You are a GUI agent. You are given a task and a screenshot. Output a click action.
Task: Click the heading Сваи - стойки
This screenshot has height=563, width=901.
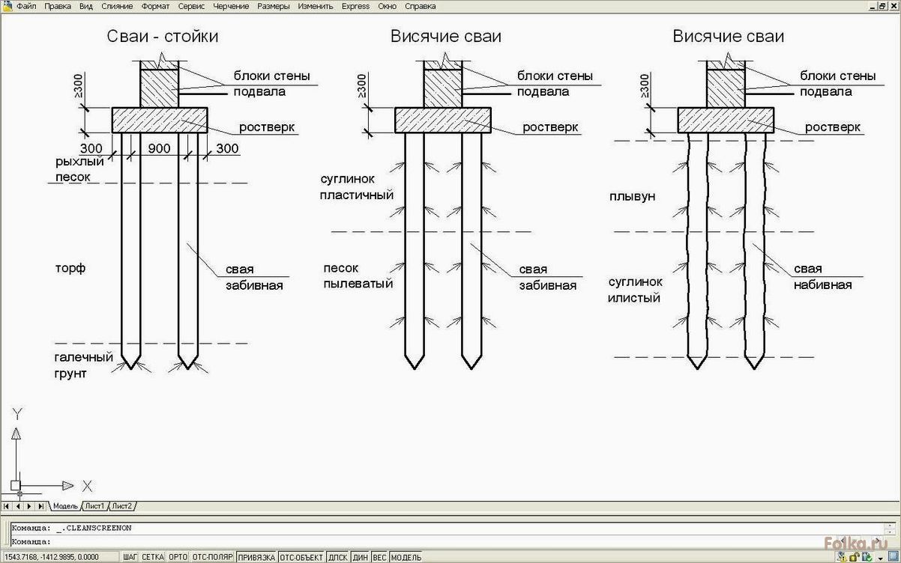click(x=163, y=36)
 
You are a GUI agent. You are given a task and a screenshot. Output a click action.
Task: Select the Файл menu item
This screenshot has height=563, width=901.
click(x=26, y=6)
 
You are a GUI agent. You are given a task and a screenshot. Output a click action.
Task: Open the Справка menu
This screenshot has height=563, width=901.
click(x=420, y=6)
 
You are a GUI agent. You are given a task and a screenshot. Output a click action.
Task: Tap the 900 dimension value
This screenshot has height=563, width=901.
click(x=159, y=148)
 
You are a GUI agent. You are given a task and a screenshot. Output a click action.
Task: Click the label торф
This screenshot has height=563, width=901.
click(x=70, y=268)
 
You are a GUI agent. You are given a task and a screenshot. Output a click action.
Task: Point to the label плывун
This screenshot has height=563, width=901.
click(x=633, y=196)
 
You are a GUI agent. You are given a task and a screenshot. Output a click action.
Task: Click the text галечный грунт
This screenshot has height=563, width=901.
click(x=83, y=365)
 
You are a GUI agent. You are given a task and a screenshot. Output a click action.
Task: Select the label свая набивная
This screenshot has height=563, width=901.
click(x=822, y=276)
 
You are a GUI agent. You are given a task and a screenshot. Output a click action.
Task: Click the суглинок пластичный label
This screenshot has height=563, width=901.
click(x=356, y=187)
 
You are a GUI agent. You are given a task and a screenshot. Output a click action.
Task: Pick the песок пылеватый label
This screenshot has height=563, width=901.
click(x=358, y=276)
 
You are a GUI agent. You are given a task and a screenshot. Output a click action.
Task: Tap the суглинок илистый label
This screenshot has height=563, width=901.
click(x=635, y=290)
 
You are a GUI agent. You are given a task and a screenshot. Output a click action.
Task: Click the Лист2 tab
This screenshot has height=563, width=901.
click(x=122, y=506)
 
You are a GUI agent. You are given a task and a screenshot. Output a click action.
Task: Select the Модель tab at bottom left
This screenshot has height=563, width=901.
click(x=65, y=506)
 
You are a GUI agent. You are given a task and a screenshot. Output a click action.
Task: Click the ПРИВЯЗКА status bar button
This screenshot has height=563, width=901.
click(x=256, y=557)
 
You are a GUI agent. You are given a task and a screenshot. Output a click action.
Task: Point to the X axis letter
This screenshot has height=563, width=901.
click(x=87, y=486)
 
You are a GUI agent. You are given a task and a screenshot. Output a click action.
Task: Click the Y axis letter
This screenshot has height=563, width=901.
click(x=17, y=414)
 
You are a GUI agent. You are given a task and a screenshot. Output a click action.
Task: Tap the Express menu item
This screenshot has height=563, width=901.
click(x=355, y=6)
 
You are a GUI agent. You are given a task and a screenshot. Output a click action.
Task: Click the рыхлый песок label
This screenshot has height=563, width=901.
click(x=79, y=169)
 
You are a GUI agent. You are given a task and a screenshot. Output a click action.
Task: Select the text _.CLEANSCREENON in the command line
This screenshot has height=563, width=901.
click(x=94, y=528)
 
